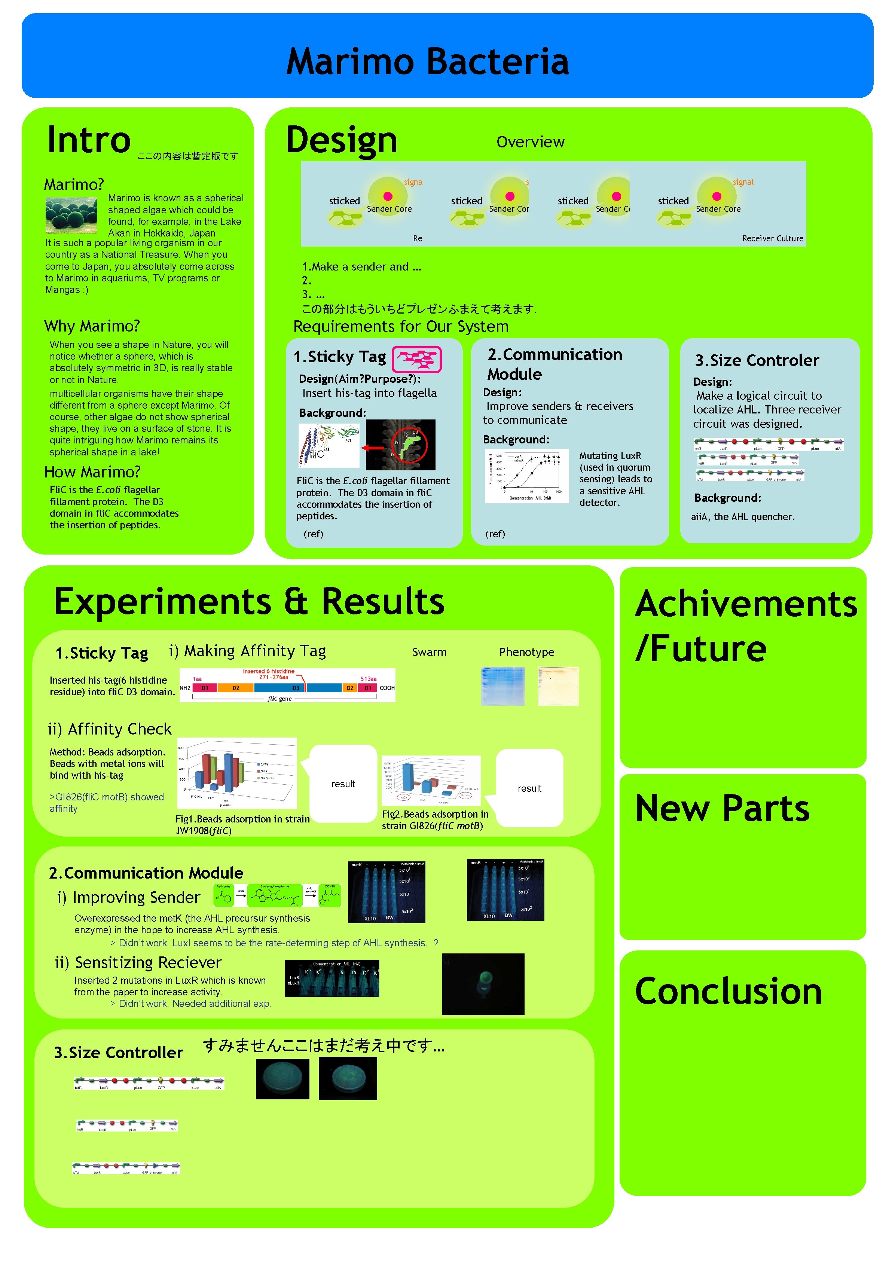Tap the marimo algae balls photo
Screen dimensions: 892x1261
tap(71, 215)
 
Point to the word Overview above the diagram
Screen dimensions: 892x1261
tap(530, 142)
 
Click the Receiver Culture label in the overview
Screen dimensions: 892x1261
tap(772, 238)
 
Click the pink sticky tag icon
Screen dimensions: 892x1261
tap(416, 359)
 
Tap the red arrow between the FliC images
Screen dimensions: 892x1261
tap(373, 448)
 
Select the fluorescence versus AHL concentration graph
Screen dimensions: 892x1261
tap(526, 476)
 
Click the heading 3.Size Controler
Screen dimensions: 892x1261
tap(757, 360)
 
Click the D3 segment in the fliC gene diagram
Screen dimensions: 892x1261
tap(296, 688)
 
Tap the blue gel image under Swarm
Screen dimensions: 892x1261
tap(502, 686)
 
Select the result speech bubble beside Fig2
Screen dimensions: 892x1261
tap(529, 788)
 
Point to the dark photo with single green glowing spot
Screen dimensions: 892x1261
tap(483, 984)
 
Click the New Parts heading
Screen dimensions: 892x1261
tap(722, 809)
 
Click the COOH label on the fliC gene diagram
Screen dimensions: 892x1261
tap(387, 688)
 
